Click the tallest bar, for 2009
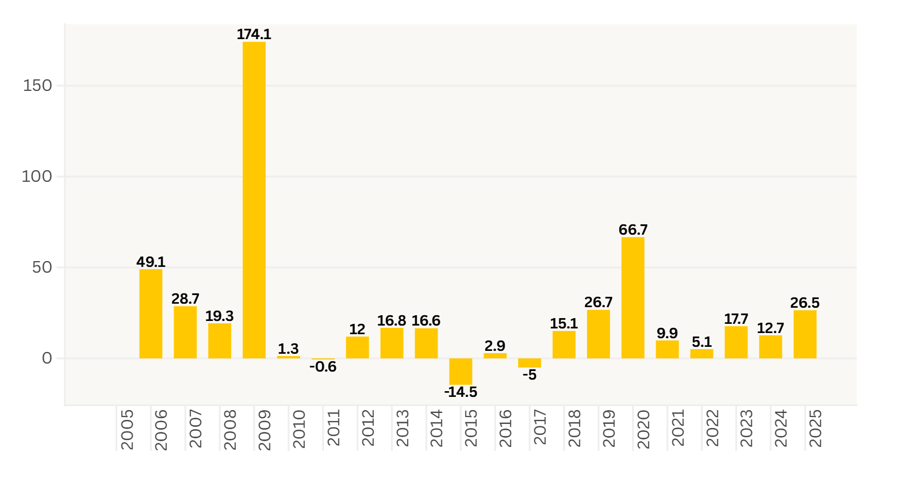(x=254, y=200)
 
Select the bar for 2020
(x=632, y=298)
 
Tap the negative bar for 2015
(x=461, y=372)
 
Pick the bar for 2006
(x=151, y=314)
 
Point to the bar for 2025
(x=804, y=335)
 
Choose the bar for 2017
(x=530, y=363)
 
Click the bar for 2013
(x=392, y=343)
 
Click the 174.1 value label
(x=254, y=35)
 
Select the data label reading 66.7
(x=633, y=230)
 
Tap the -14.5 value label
(x=461, y=392)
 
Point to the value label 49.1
(x=151, y=262)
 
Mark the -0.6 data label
(x=323, y=367)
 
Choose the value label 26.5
(x=805, y=303)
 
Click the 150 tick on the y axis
(x=37, y=86)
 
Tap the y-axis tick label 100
(x=37, y=177)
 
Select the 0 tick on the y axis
(x=47, y=358)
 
